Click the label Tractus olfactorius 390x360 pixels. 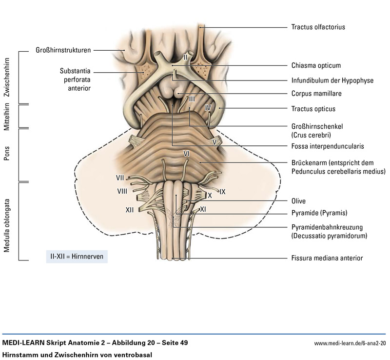(318, 27)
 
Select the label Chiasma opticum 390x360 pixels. (316, 65)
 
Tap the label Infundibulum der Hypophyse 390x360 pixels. (332, 80)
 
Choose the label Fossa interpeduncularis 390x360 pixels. (328, 146)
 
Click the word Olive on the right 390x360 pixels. (298, 200)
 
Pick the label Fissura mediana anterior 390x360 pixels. (327, 258)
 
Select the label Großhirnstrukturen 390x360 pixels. (64, 49)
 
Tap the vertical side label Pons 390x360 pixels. (7, 154)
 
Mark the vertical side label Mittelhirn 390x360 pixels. (7, 116)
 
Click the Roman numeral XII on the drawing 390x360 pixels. (130, 210)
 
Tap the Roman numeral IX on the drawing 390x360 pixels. (222, 192)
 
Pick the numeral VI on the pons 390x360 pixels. (186, 154)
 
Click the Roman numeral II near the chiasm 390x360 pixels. (185, 58)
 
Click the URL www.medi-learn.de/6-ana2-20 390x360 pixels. (350, 343)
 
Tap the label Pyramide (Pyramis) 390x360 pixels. (319, 213)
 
